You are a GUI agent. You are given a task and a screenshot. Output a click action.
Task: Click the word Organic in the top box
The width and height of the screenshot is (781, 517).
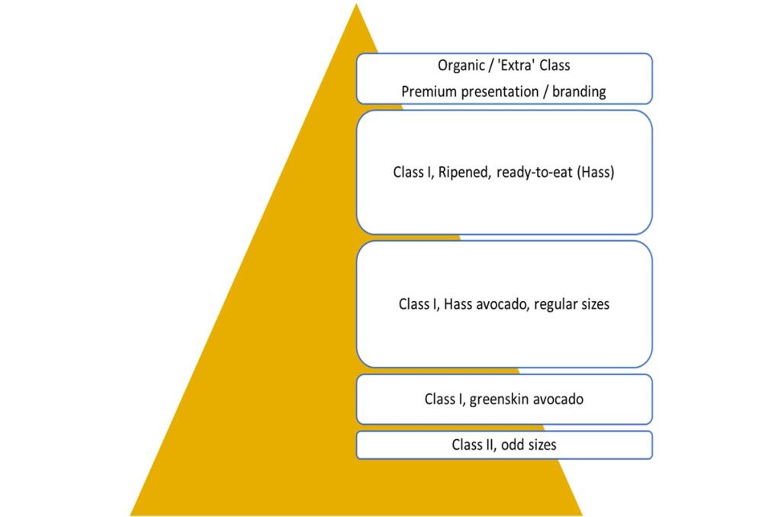[461, 66]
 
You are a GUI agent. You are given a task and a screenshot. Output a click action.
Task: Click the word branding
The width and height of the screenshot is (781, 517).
[579, 92]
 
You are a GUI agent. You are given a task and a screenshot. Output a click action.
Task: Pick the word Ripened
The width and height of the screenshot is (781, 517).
[464, 172]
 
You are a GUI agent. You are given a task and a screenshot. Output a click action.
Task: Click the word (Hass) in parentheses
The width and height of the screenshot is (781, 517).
[596, 172]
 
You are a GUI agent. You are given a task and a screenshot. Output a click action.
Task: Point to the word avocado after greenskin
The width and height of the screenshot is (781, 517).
[558, 399]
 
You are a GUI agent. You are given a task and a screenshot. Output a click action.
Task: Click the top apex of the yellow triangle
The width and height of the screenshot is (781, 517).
[356, 5]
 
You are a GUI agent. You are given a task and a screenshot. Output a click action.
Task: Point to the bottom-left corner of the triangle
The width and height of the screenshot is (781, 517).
[132, 515]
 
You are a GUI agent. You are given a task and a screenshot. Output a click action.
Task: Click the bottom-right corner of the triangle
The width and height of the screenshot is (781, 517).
[581, 515]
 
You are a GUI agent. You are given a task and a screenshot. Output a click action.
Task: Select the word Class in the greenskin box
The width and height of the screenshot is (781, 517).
[441, 399]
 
